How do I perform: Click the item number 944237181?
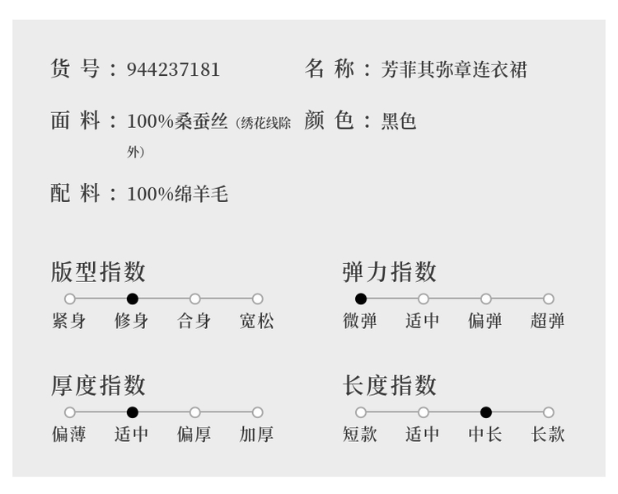(x=173, y=69)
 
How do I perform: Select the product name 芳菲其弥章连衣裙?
(x=453, y=69)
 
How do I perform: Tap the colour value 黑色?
(x=399, y=122)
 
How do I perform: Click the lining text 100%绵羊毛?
(x=177, y=195)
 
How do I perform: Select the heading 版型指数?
(x=98, y=271)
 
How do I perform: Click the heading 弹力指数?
(x=390, y=271)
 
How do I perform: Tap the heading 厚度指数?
(x=98, y=385)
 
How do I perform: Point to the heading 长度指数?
(x=390, y=385)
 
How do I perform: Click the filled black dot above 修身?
(x=133, y=299)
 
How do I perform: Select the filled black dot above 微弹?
(x=361, y=299)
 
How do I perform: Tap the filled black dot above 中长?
(x=486, y=412)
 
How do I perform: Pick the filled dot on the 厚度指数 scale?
(x=133, y=412)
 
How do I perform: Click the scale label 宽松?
(x=257, y=321)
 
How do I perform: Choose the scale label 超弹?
(x=548, y=321)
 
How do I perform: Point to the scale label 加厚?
(x=257, y=435)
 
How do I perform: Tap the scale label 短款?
(x=360, y=435)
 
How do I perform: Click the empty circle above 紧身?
(x=70, y=299)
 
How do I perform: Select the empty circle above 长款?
(x=549, y=412)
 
